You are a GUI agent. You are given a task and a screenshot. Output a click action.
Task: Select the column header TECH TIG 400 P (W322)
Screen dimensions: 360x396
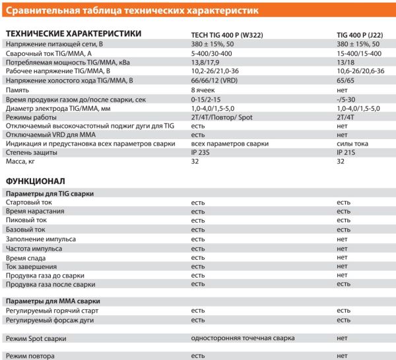(225, 34)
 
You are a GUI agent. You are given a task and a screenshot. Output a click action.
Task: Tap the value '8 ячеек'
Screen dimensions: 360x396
(203, 89)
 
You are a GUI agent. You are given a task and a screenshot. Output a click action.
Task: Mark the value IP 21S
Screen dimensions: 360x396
(346, 152)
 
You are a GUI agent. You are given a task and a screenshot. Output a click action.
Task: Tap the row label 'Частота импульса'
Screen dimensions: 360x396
(34, 249)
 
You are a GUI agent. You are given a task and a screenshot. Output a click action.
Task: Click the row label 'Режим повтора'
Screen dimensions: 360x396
(30, 356)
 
